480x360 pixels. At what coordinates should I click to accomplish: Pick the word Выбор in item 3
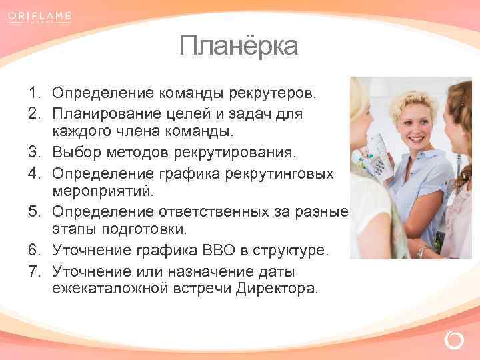click(x=76, y=153)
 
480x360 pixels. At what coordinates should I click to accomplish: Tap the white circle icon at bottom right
click(x=453, y=340)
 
